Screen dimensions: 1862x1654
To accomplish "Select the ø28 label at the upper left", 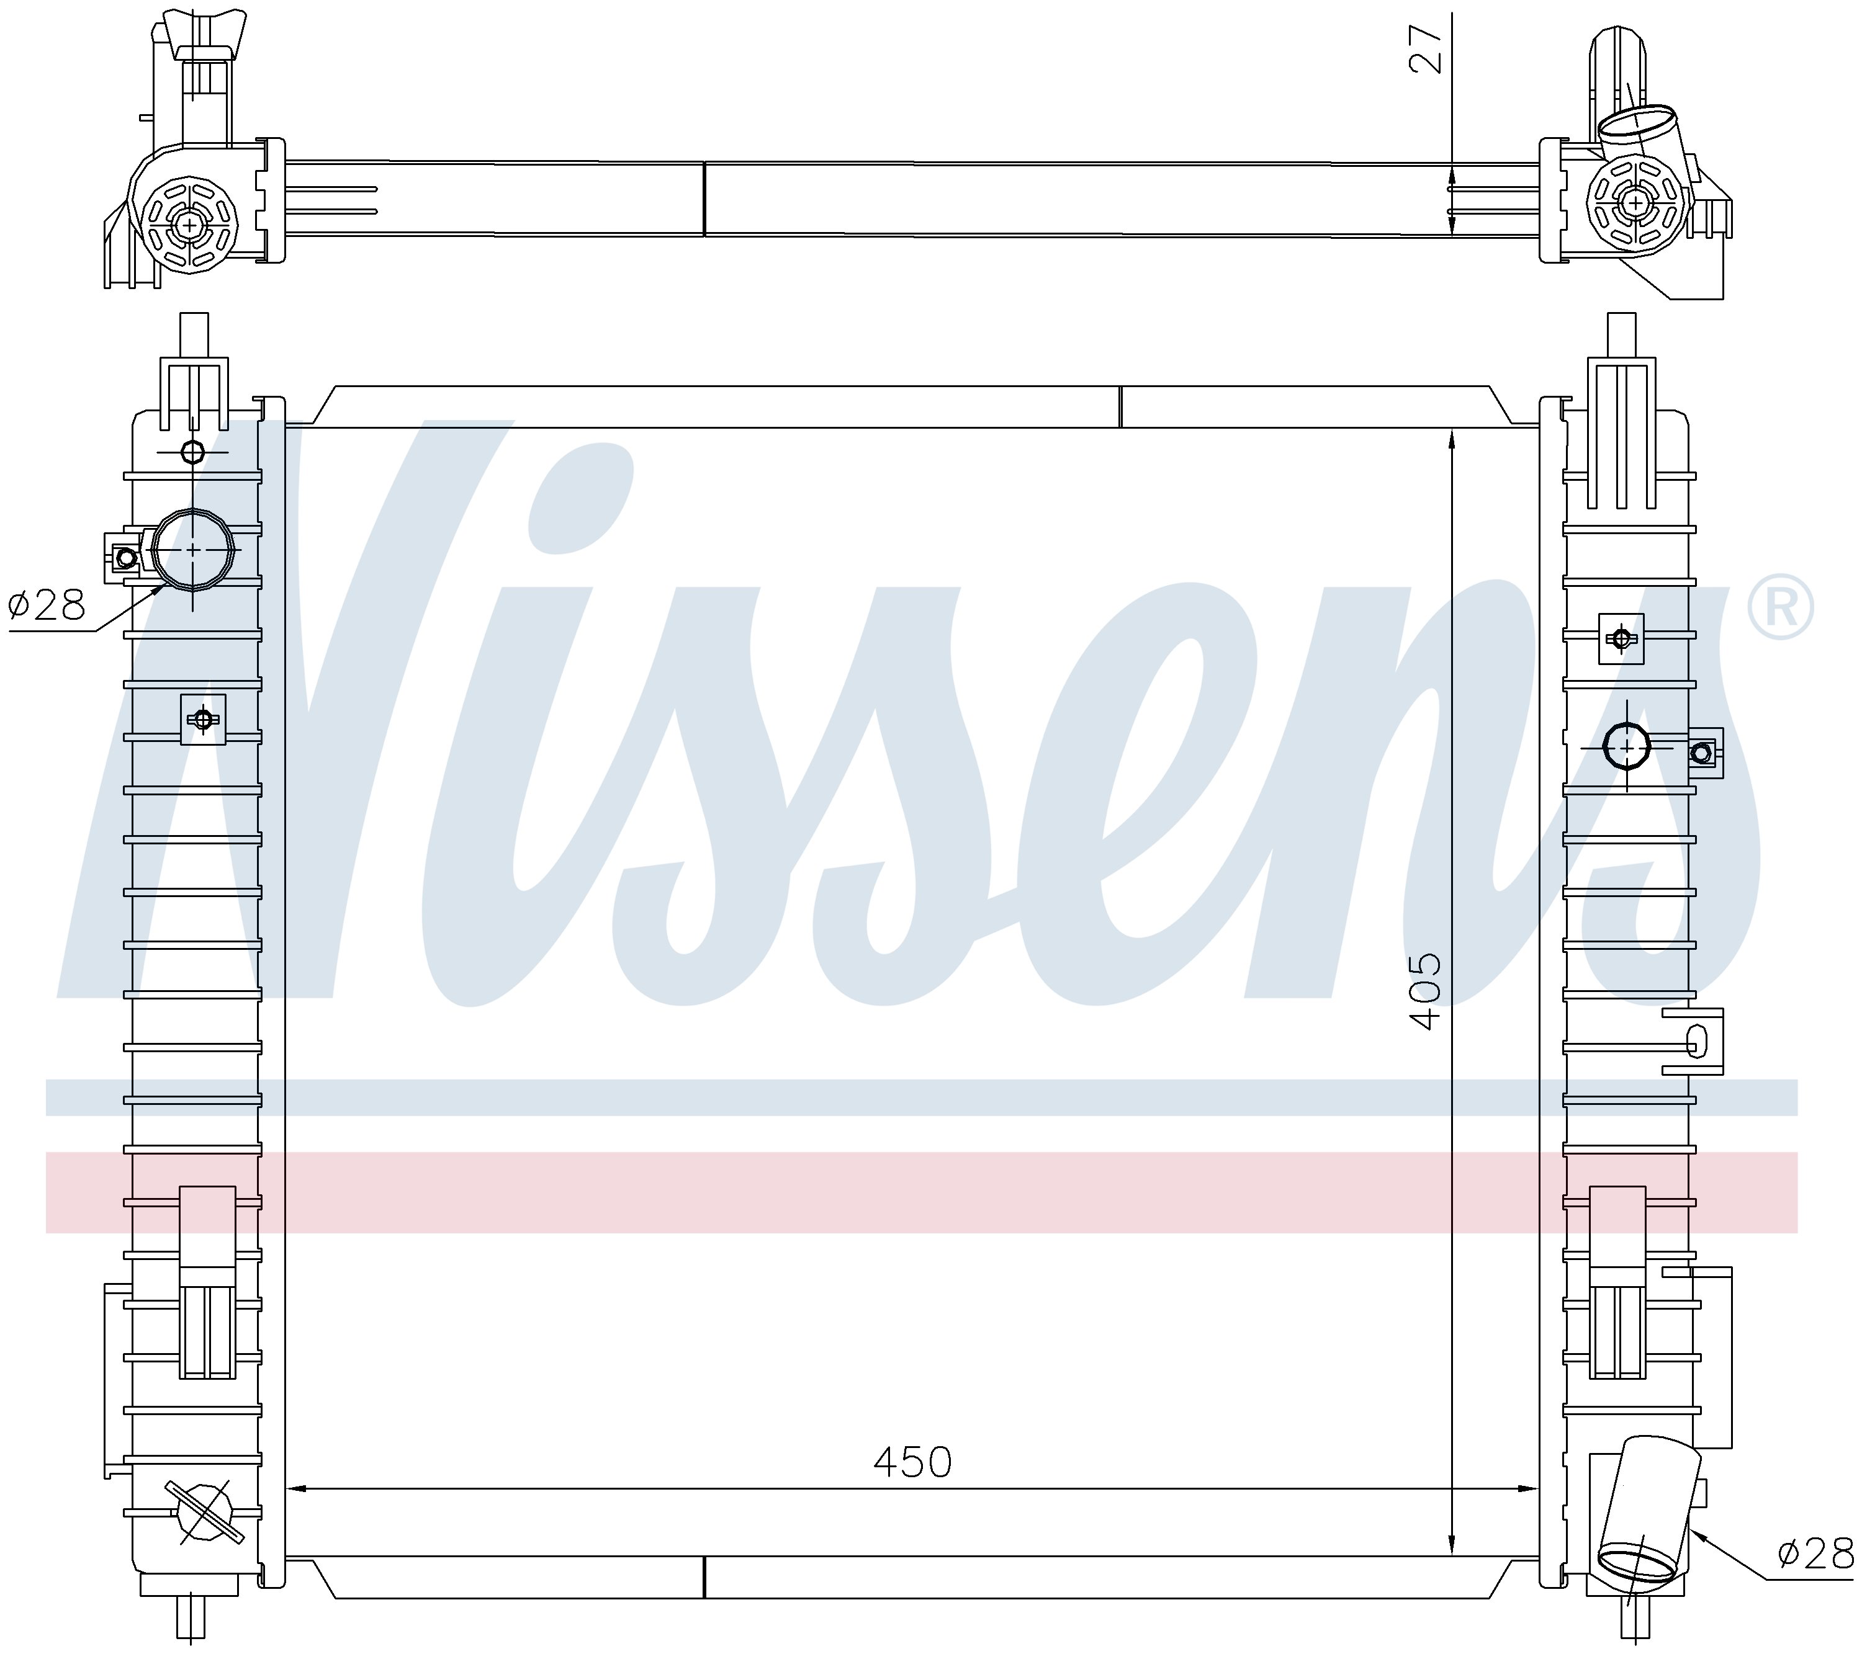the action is [x=47, y=604].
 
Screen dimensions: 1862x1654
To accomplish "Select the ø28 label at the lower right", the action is [x=1815, y=1554].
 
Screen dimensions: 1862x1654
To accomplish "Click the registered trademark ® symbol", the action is [x=1780, y=607].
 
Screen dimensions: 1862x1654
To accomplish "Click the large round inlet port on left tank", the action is [x=193, y=549].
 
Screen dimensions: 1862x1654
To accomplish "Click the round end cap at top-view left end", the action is [x=189, y=224].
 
